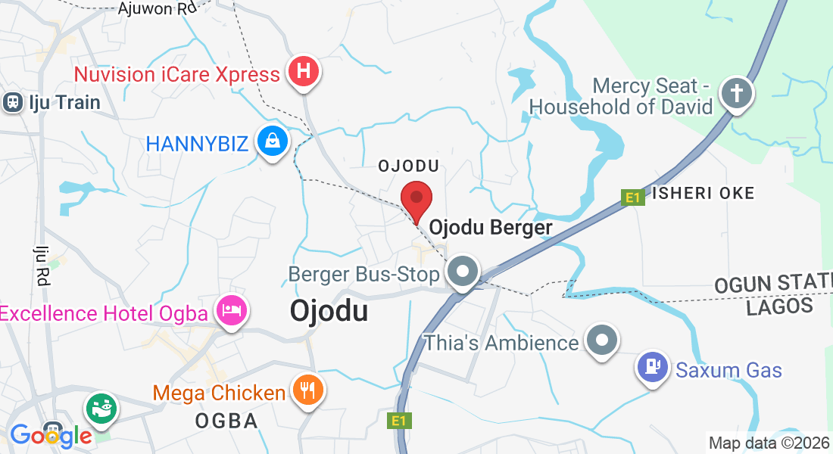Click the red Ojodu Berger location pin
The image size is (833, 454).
coord(416,200)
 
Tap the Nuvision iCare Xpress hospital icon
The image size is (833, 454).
coord(304,73)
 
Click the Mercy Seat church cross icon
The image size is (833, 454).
coord(735,94)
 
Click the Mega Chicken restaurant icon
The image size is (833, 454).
coord(307,390)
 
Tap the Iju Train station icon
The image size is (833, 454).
coord(13,102)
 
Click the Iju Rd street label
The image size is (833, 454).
coord(41,265)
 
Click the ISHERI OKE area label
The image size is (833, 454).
coord(702,193)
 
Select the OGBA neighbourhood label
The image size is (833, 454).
coord(227,421)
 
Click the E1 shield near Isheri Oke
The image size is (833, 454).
coord(632,197)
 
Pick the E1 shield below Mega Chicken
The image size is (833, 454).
coord(398,421)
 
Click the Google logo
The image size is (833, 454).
coord(51,435)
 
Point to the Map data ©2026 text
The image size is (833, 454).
coord(769,443)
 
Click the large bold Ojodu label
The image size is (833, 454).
coord(329,311)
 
